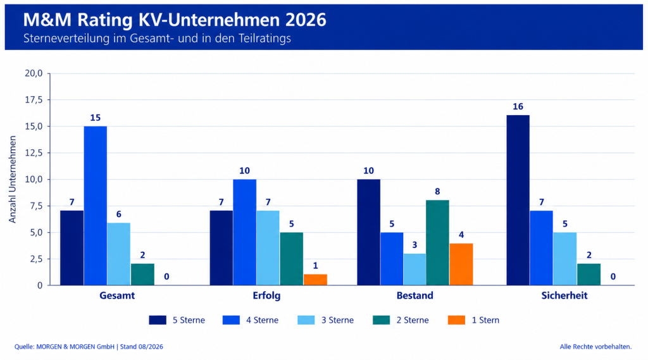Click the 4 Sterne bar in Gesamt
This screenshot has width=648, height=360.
point(95,206)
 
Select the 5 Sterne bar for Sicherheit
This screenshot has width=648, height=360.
point(518,201)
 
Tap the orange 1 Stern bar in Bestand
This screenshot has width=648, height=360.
point(461,264)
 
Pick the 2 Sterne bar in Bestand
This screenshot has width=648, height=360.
point(437,243)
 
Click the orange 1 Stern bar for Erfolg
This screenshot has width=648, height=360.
point(315,280)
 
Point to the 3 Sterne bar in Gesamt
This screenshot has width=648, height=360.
point(118,254)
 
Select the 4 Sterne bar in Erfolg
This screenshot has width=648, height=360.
point(244,232)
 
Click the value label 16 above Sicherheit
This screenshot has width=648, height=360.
point(518,107)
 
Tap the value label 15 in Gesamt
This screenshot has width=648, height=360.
point(95,118)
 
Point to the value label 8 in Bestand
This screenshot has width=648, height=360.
point(437,191)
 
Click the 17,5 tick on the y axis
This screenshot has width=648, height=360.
point(34,100)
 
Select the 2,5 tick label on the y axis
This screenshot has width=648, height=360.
point(36,259)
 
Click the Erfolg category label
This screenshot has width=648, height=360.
point(266,295)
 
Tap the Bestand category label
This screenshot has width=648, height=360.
point(415,295)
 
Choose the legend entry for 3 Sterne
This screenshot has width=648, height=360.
point(326,320)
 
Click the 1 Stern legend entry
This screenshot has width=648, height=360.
point(473,320)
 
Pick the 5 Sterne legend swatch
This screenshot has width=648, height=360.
point(158,320)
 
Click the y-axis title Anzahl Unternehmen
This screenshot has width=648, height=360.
point(13,180)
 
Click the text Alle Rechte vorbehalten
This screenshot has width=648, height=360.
point(595,347)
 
